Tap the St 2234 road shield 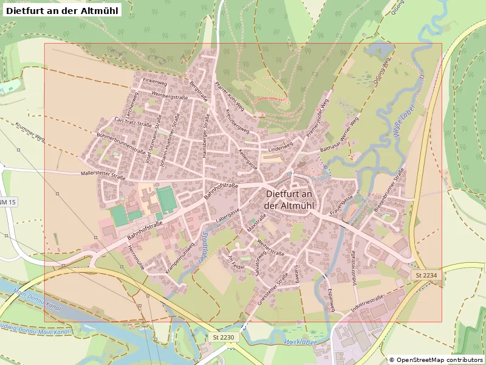coord(427,276)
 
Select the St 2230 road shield coord(224,337)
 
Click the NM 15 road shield coord(8,201)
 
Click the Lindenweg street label coord(280,147)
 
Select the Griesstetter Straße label coord(273,288)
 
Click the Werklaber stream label coord(301,342)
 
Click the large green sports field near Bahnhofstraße coord(165,199)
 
